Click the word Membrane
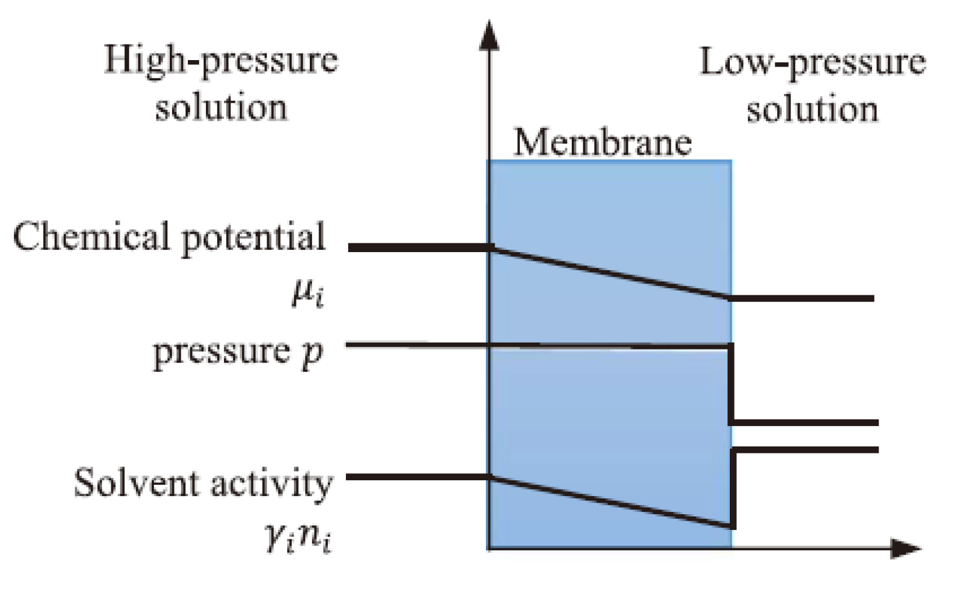[x=602, y=142]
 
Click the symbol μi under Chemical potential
[x=307, y=294]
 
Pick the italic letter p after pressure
[x=312, y=353]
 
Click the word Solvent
[x=136, y=483]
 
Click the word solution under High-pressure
[x=221, y=107]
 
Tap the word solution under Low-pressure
[x=812, y=109]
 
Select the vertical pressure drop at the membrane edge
[x=731, y=384]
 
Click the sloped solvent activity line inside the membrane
[x=610, y=501]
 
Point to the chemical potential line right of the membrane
[x=802, y=298]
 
